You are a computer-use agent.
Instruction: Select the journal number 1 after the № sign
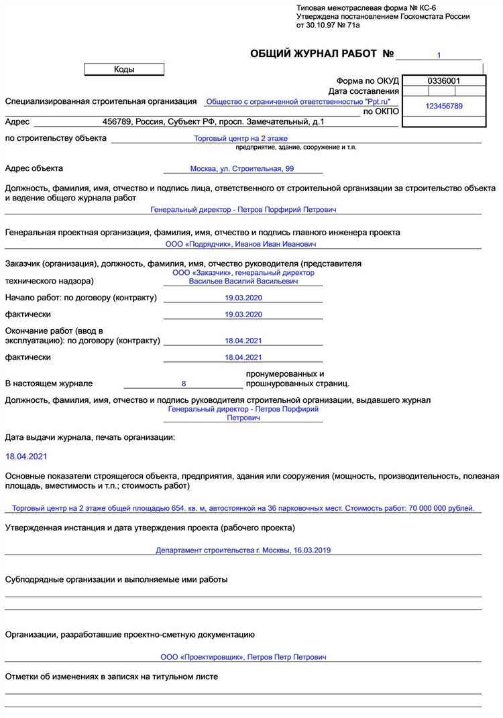point(439,55)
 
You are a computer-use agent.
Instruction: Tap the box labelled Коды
point(124,69)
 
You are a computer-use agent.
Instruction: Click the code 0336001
point(443,81)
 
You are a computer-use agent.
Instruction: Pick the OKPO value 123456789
point(443,106)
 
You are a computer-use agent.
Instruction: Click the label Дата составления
point(364,91)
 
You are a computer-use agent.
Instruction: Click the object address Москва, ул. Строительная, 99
point(242,169)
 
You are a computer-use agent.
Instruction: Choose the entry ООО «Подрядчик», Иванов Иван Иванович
point(241,245)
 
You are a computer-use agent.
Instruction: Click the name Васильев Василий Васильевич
point(243,282)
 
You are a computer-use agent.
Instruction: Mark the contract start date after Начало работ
point(243,298)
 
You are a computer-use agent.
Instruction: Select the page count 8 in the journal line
point(184,384)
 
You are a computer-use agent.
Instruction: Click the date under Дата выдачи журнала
point(26,457)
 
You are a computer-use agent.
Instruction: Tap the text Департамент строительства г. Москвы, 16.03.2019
point(243,550)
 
